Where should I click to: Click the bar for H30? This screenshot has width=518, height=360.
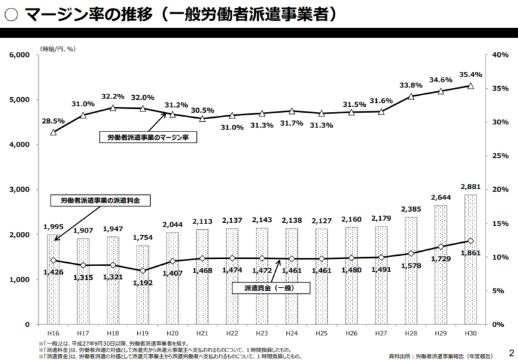coord(471,259)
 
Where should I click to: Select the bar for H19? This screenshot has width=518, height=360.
coord(142,285)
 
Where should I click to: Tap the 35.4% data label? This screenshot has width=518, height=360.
coord(471,74)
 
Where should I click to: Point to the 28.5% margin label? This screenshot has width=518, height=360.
coord(53,120)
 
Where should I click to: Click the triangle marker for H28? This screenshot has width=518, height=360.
coord(411,96)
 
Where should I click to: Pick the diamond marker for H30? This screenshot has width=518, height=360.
coord(471,241)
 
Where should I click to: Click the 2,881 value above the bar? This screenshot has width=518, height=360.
coord(471,186)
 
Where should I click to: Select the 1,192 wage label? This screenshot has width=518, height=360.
coord(142,283)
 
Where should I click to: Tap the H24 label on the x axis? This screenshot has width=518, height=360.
coord(291,332)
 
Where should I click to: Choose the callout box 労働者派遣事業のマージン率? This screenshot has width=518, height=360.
coord(148,137)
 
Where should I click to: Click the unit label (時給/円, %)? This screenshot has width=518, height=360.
coord(59,48)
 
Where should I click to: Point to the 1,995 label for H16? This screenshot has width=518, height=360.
coord(53,227)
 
